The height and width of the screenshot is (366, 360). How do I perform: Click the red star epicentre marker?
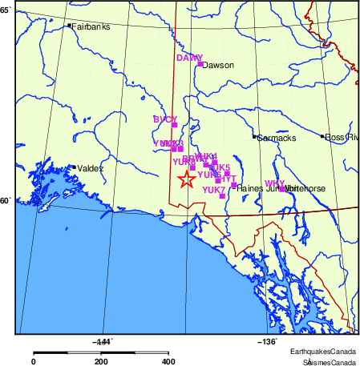185,179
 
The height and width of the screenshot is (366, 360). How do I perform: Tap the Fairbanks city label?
91,26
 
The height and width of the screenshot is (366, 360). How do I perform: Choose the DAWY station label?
189,58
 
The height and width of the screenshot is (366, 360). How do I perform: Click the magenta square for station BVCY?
174,125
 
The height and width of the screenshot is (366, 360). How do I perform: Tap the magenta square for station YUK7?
221,195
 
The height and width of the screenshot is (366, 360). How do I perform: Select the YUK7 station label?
213,190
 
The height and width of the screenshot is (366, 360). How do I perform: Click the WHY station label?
274,183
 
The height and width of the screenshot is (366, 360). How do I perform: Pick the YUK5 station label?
219,167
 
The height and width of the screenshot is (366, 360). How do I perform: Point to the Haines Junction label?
262,188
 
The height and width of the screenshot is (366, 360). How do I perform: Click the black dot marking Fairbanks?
71,26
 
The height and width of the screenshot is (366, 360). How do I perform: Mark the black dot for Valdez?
74,167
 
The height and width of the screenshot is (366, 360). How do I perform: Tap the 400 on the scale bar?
169,362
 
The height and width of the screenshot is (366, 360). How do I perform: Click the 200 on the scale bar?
101,362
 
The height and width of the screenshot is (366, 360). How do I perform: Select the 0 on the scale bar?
33,362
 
